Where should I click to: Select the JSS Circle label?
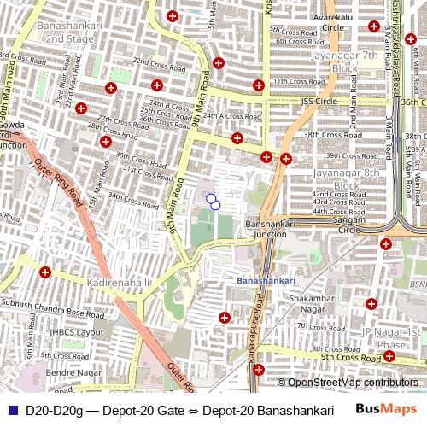pos(320,101)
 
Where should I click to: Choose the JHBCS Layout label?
pos(77,332)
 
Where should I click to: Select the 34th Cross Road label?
pos(134,197)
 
